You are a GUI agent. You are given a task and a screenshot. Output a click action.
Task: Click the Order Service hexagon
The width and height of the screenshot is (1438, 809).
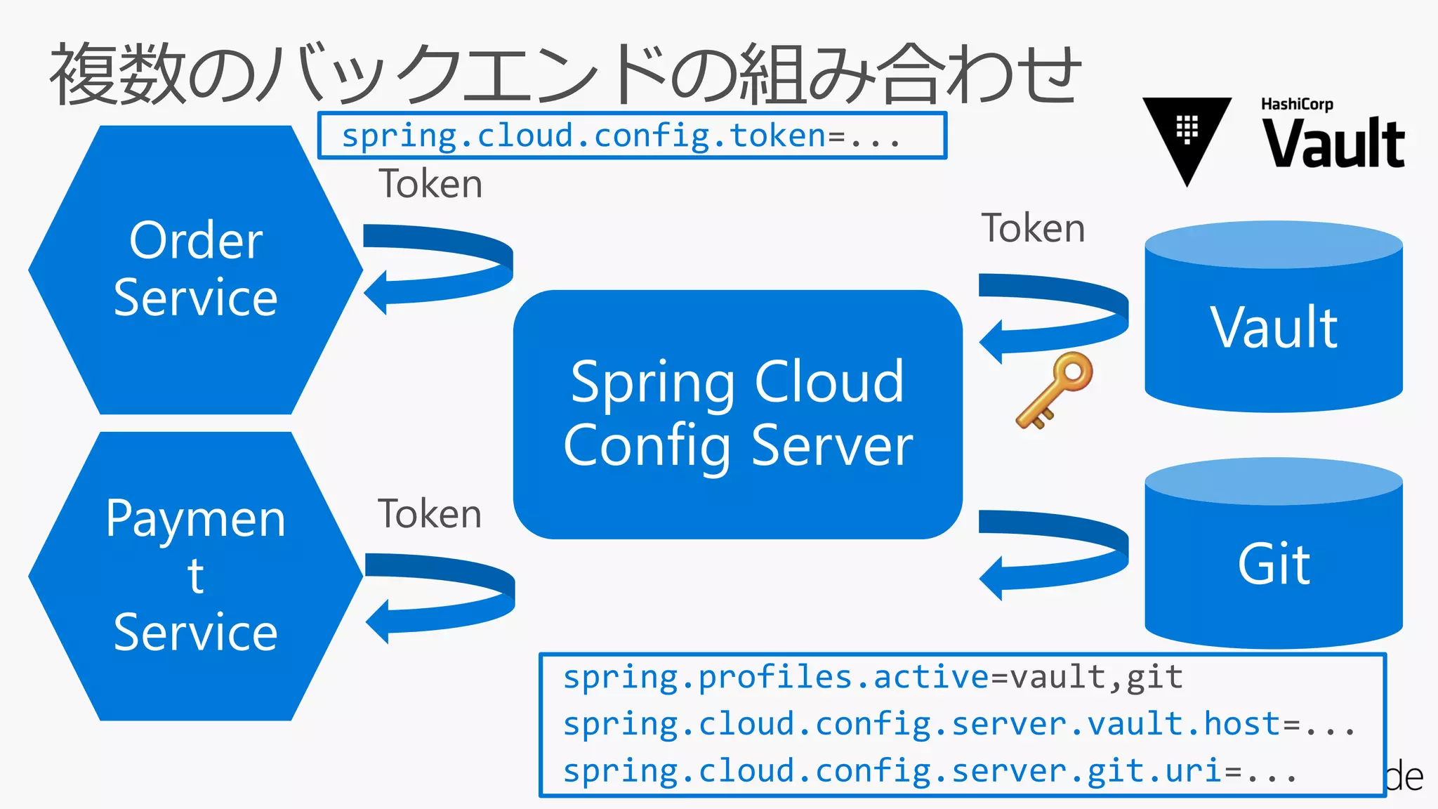[x=195, y=270]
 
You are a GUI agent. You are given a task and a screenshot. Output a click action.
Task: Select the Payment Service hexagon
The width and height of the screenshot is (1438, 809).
[x=195, y=576]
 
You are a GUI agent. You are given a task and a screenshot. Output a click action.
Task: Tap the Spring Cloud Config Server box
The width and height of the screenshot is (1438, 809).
[x=737, y=414]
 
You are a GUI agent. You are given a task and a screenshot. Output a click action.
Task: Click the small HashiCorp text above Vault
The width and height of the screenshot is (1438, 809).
[x=1297, y=105]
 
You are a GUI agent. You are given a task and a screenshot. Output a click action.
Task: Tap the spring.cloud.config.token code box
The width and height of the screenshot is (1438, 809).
[x=632, y=136]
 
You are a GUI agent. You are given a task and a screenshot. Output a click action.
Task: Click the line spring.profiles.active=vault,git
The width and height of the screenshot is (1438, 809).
[x=873, y=678]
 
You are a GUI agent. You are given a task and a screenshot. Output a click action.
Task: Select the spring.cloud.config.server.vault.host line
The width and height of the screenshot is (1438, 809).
[x=959, y=724]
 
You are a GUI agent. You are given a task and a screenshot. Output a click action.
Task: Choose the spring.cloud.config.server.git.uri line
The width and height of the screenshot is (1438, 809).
[x=930, y=771]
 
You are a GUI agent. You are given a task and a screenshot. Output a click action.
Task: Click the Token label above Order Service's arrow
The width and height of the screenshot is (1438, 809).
[x=430, y=184]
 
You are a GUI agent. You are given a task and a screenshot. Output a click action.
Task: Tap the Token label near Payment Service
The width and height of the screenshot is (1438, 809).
[x=430, y=513]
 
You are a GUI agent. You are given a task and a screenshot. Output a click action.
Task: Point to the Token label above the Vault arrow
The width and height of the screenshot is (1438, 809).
[x=1033, y=228]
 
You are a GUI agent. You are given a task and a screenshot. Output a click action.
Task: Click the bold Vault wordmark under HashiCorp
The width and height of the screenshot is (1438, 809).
[x=1333, y=144]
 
